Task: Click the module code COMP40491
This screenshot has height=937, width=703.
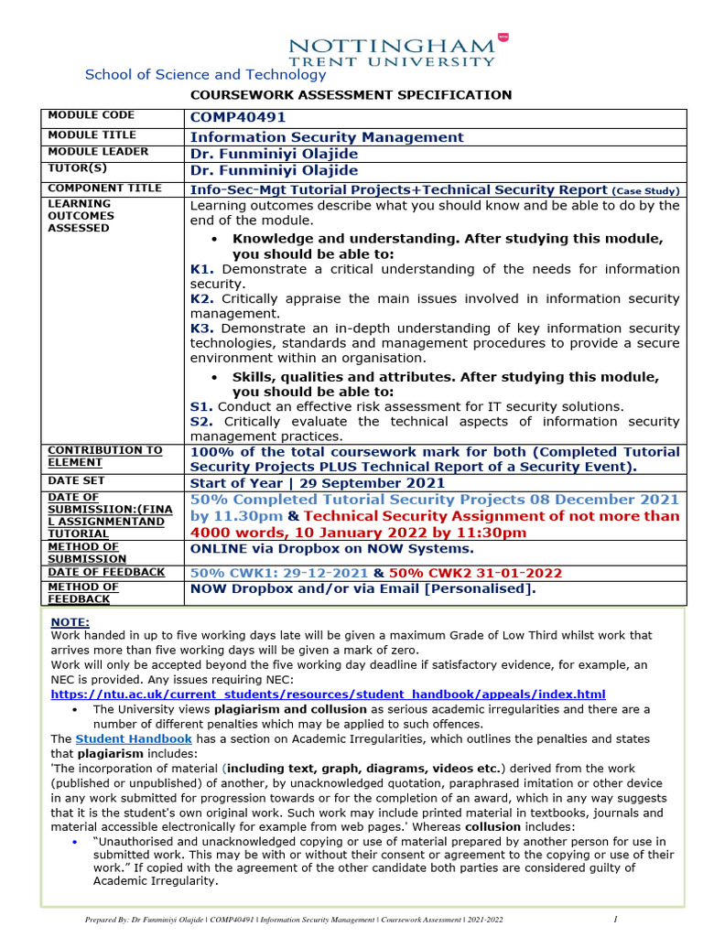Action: (x=238, y=117)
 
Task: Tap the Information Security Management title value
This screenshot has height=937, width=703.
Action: (x=327, y=137)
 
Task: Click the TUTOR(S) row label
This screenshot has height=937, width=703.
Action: (x=77, y=168)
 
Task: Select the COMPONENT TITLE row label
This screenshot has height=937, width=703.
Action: (x=104, y=188)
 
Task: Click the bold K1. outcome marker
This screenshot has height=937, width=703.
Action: (x=202, y=269)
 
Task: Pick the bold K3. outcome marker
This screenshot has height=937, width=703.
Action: (x=202, y=328)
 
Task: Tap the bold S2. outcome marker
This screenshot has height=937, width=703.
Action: (x=201, y=421)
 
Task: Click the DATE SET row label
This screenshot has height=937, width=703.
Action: (x=76, y=480)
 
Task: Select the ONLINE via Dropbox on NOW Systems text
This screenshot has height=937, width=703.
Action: (x=331, y=549)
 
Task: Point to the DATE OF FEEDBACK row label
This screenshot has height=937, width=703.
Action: (x=106, y=572)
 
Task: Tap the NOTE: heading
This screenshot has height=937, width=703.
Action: (x=70, y=620)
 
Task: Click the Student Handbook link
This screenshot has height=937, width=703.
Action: (x=133, y=738)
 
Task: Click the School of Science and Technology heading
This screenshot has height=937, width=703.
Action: (x=205, y=75)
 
